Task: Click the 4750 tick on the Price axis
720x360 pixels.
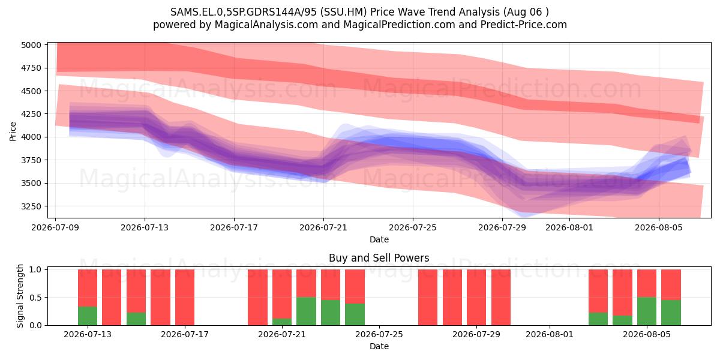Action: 31,68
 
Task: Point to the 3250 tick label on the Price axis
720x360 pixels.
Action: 31,206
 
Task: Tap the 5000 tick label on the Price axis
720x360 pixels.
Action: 31,45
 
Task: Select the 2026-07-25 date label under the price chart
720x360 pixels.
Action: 413,227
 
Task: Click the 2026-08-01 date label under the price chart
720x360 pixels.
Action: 569,227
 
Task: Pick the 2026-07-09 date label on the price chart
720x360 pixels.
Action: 55,227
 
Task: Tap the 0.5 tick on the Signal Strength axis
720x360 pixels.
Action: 35,298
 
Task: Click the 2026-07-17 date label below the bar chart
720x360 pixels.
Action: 185,335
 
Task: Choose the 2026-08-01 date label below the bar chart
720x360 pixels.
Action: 550,335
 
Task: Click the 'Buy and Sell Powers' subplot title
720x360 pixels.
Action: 379,258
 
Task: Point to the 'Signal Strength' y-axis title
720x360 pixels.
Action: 20,296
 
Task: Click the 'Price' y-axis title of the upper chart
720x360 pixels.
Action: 13,131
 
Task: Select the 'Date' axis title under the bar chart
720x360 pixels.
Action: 379,346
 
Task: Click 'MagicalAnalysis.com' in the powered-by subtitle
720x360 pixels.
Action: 266,25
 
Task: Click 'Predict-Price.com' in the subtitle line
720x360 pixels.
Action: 524,25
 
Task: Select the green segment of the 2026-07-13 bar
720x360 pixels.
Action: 88,316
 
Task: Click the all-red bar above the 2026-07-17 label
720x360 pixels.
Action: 185,298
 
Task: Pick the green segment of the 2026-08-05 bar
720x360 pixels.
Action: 647,311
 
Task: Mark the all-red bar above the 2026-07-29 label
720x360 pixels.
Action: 476,298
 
